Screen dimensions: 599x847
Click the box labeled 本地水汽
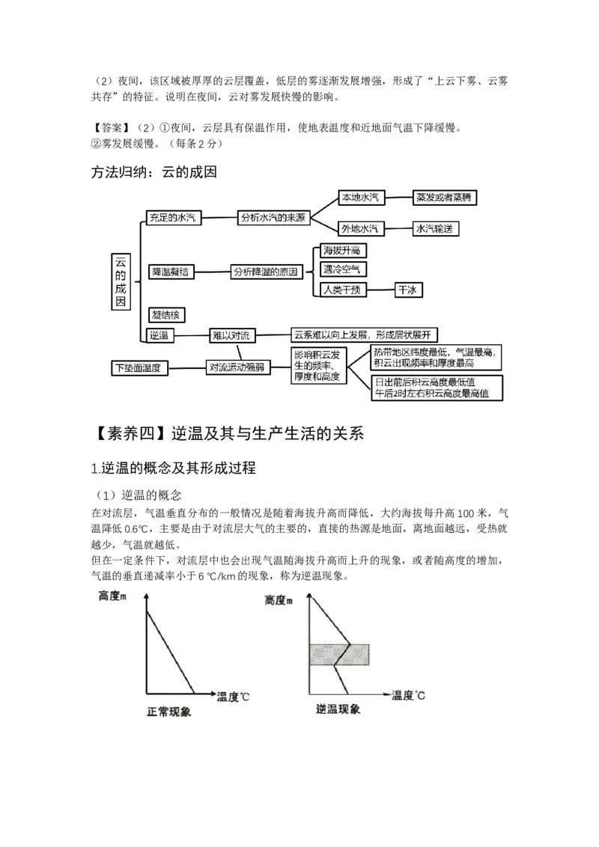point(361,198)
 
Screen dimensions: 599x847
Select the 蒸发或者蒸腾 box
point(444,198)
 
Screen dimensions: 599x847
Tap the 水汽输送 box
point(435,228)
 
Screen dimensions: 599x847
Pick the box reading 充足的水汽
point(173,218)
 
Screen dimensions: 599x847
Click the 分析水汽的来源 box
point(273,218)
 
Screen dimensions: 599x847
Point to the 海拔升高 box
point(343,250)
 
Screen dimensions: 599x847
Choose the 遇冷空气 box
point(343,269)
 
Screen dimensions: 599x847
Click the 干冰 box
point(408,290)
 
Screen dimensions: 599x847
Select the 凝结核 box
point(166,315)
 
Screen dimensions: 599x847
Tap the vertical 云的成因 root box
point(121,281)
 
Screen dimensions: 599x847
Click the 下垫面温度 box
point(139,368)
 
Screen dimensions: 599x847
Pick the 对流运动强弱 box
point(237,368)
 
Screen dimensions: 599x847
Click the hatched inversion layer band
point(339,654)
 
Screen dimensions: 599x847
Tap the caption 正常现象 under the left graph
point(168,712)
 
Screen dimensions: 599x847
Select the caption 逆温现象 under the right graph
point(338,709)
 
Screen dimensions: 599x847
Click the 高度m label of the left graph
point(112,596)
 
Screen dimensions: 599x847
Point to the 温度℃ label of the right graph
point(408,695)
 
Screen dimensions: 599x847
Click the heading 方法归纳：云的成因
point(154,172)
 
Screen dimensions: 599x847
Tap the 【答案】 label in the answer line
point(110,128)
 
